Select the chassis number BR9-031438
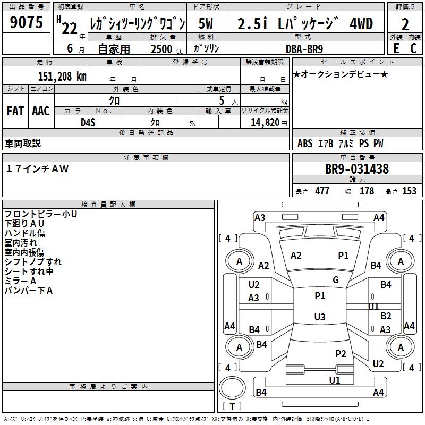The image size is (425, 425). (356, 169)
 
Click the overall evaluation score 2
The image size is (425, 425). (405, 24)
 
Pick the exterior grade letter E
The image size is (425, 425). (396, 48)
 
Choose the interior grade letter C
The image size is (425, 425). (413, 48)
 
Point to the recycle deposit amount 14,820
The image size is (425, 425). (264, 122)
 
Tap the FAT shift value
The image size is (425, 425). (15, 111)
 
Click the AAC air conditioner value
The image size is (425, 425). (40, 111)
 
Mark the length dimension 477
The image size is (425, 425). (322, 191)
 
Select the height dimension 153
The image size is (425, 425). (409, 191)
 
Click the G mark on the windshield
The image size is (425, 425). (336, 280)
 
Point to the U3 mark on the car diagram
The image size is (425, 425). (319, 317)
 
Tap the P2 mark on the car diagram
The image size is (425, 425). (341, 353)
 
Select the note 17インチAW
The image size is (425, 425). (37, 168)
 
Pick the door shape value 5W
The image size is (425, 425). (207, 24)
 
